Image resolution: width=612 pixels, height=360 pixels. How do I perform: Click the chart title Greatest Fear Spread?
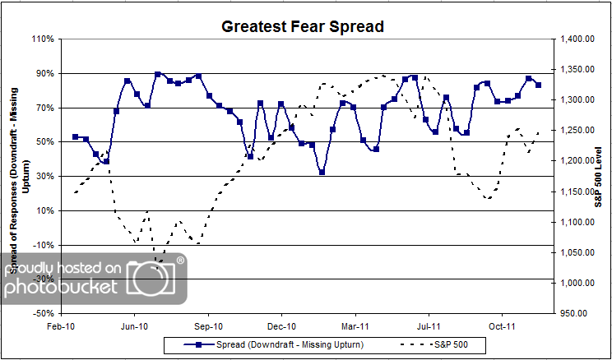point(303,26)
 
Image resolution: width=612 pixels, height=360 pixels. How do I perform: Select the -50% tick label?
point(44,313)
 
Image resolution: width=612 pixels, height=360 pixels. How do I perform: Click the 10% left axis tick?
point(44,210)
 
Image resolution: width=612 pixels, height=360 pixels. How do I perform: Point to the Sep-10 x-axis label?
point(208,326)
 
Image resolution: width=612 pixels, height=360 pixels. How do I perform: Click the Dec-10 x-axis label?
point(281,326)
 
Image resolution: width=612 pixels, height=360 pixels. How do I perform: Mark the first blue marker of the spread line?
point(75,136)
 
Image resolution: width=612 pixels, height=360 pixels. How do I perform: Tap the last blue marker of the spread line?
point(539,85)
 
